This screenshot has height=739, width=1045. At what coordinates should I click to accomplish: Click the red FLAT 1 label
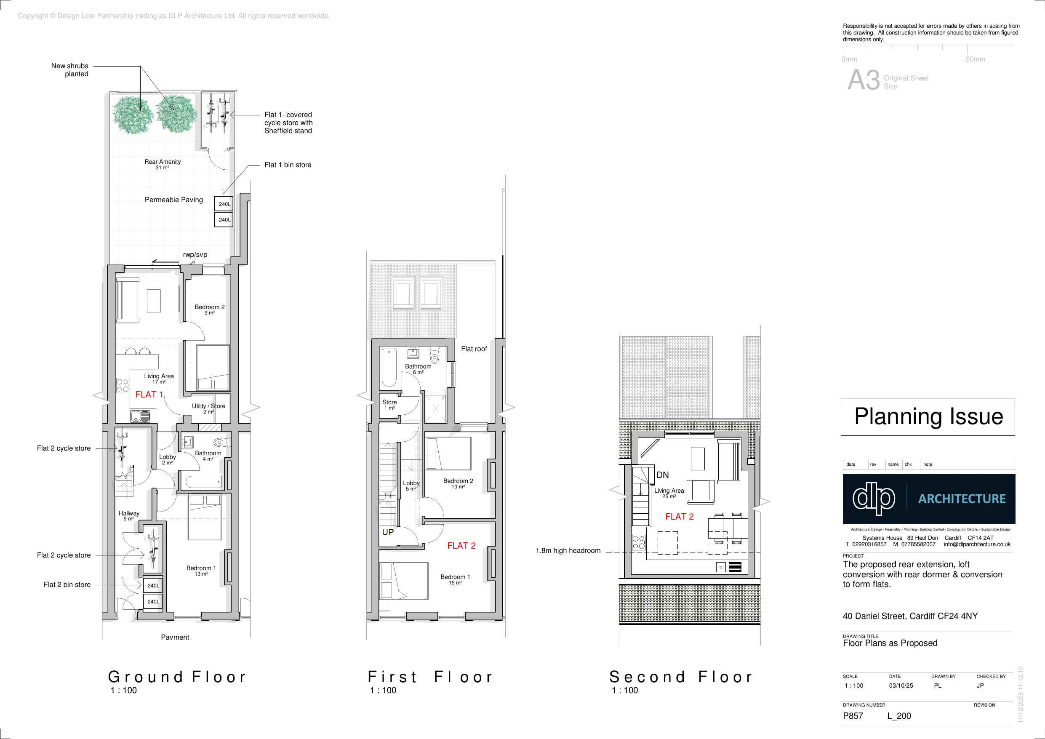(x=149, y=395)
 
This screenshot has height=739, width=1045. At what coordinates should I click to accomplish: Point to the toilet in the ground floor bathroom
(x=222, y=442)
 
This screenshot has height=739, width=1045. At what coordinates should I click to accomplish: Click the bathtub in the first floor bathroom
(x=389, y=368)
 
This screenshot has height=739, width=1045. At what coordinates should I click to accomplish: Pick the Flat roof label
(x=474, y=349)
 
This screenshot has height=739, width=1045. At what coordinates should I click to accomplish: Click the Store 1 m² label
(x=389, y=405)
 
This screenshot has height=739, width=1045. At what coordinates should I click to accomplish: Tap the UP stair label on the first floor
(x=388, y=532)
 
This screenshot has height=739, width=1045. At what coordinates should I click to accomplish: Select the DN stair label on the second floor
(x=663, y=475)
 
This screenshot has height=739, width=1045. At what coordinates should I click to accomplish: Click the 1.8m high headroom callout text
(x=568, y=550)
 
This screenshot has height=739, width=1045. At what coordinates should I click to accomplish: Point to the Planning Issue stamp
(x=928, y=416)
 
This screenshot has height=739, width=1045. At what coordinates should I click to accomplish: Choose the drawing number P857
(x=853, y=716)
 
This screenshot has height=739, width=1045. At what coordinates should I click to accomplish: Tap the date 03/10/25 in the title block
(x=901, y=685)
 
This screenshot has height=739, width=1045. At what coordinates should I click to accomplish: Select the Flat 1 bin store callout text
(x=288, y=165)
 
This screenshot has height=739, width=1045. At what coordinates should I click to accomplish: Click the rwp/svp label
(x=195, y=254)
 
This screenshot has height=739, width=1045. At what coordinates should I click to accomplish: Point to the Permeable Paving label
(x=174, y=200)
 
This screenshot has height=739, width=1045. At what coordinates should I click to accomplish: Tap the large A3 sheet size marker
(x=864, y=80)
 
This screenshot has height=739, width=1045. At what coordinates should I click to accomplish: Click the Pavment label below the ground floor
(x=175, y=637)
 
